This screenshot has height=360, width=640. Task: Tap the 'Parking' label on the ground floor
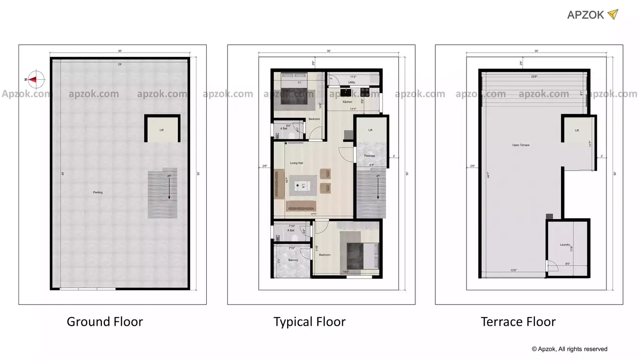coord(98,192)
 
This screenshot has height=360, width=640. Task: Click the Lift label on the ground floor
coord(161,130)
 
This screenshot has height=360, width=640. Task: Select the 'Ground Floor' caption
coord(105,322)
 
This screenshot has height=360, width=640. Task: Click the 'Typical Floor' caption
coord(310,322)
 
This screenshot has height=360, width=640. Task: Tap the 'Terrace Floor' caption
coord(518,322)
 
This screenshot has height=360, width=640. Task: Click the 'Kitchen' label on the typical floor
coord(347,102)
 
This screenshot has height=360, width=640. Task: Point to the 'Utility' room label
coord(351,82)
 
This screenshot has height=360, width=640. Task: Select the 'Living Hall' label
coord(297,163)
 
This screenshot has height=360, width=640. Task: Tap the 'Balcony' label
coord(293,261)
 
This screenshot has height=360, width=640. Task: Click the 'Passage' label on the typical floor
coord(369,155)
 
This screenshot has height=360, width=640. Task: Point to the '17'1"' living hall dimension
coord(314,214)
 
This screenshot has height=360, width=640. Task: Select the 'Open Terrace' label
coord(521,145)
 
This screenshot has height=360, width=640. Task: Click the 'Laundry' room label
coord(565,245)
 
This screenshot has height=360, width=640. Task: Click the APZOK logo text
coord(585,15)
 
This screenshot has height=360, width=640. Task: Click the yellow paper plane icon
coord(612,14)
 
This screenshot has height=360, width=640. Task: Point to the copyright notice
coord(569,349)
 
